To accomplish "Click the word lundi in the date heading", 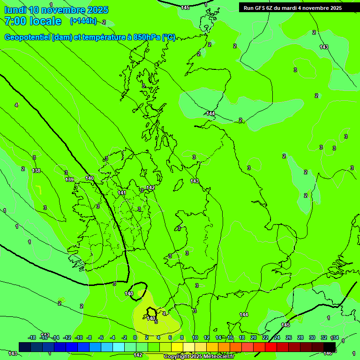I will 15,10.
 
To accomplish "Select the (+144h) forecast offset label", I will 83,21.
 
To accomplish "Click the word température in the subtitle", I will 102,37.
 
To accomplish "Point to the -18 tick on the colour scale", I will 32,337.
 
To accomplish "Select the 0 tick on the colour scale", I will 135,337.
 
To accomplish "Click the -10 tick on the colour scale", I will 79,337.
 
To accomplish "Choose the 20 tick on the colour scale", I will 253,337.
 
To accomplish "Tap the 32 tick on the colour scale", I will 323,337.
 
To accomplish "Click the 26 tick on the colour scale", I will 288,337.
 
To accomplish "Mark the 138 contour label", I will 36,171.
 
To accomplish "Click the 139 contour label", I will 69,180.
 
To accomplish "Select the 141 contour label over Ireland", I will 122,193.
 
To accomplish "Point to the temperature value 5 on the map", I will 156,322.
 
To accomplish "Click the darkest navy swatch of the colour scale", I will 25,347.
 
